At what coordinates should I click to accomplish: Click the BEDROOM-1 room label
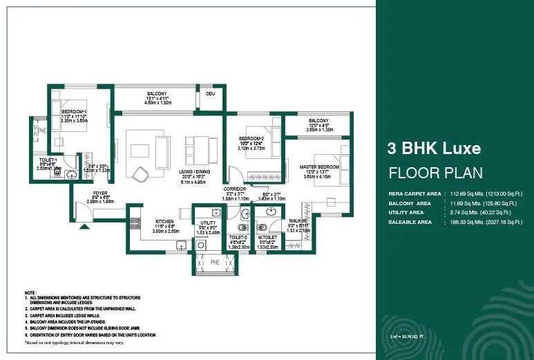tap(74, 111)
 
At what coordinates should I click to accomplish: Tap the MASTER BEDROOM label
tap(319, 167)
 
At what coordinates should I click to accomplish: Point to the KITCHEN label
tap(165, 222)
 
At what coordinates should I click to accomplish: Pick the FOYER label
tap(102, 193)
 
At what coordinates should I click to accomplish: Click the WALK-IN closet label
tap(298, 221)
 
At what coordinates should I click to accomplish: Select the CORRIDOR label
tap(235, 189)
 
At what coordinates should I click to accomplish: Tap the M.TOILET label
tap(267, 236)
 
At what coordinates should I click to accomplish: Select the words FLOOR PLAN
tap(435, 173)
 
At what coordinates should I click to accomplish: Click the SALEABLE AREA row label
tap(410, 222)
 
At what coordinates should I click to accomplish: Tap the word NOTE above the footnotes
tap(30, 292)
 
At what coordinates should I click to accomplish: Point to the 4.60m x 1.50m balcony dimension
tap(156, 102)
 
